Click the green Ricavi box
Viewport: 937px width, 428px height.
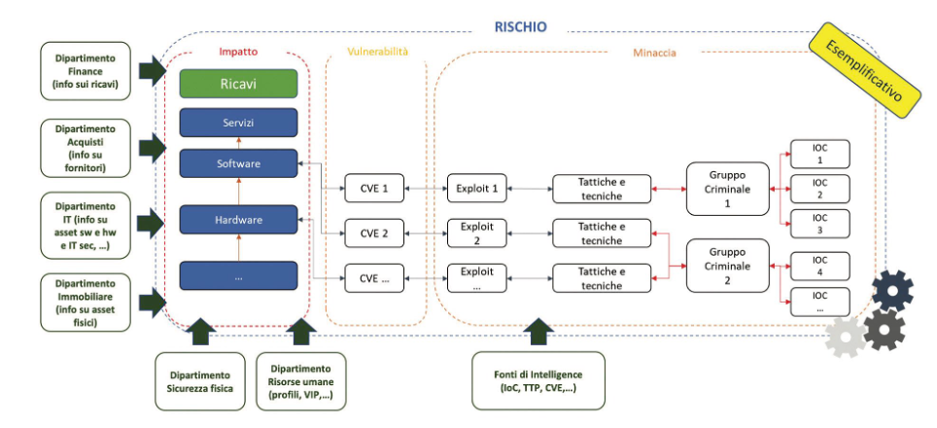(238, 84)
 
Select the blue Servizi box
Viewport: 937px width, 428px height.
(238, 123)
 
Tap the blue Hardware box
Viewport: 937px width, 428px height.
(238, 220)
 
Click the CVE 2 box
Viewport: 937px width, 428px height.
(374, 233)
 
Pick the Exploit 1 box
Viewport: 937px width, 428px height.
(477, 189)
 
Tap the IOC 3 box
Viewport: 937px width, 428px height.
(820, 224)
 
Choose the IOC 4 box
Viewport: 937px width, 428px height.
(820, 267)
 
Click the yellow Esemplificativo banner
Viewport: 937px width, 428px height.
(863, 71)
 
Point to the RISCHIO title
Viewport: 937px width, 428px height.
(520, 27)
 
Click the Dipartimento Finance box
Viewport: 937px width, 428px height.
(85, 70)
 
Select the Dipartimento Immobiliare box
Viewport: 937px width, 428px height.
(85, 302)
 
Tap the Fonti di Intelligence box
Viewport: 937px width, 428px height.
(538, 380)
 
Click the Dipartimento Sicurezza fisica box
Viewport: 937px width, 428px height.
(200, 381)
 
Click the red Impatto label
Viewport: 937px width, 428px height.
(238, 52)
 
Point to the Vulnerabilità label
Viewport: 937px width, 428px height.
(377, 52)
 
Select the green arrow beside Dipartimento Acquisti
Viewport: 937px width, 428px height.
(152, 148)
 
